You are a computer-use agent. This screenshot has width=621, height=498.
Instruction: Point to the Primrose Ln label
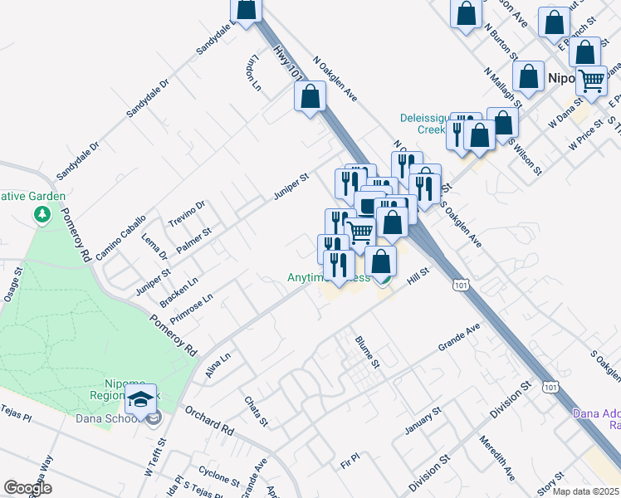pos(192,308)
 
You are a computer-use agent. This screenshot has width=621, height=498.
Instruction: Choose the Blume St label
pos(366,352)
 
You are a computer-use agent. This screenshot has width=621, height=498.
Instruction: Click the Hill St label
pos(417,277)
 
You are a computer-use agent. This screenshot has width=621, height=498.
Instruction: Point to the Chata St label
pos(256,412)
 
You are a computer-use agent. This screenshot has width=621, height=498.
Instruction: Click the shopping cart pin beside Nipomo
pos(592,80)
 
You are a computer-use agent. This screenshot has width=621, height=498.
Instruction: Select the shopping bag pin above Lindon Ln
pos(246,9)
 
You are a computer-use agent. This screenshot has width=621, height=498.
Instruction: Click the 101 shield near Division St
pos(549,387)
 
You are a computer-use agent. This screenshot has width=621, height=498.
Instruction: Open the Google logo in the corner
pos(27,488)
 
